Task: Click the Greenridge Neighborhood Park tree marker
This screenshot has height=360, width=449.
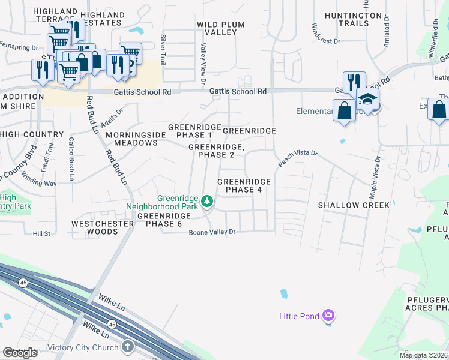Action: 207,201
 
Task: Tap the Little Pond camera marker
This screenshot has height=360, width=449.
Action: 328,315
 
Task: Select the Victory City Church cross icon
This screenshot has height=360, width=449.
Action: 127,346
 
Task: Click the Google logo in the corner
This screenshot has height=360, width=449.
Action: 20,353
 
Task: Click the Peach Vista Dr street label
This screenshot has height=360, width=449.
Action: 297,158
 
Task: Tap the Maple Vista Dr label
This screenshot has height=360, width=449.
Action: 375,177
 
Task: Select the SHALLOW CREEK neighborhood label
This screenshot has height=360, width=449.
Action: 354,205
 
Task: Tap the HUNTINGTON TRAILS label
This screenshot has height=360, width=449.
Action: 353,19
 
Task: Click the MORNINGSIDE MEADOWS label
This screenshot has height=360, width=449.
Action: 131,139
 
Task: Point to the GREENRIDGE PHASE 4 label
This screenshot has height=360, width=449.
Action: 243,185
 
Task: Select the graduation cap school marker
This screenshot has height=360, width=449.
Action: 367,100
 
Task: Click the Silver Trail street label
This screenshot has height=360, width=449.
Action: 163,50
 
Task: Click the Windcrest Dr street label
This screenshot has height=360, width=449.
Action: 326,34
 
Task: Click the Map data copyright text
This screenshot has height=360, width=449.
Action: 423,355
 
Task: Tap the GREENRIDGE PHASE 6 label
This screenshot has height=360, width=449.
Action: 159,220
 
